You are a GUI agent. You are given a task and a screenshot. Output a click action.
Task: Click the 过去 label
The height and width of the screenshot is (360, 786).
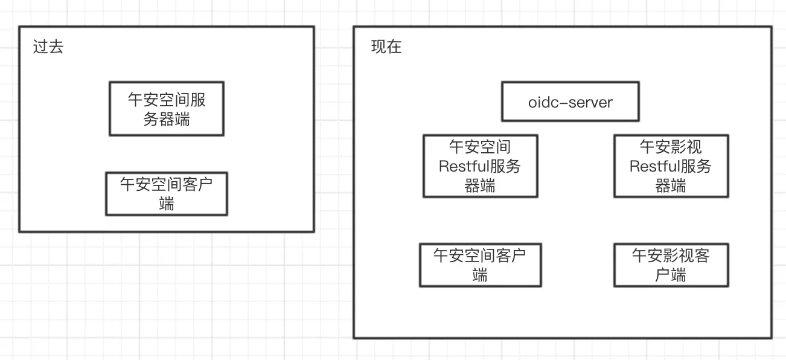coord(48,47)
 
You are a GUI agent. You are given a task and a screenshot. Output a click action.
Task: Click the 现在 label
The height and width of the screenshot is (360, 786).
coord(386,47)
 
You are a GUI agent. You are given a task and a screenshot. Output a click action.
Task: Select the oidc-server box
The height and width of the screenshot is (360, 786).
coord(570,102)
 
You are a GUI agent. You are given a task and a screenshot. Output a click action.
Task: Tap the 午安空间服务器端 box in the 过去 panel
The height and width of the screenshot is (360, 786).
coord(167,109)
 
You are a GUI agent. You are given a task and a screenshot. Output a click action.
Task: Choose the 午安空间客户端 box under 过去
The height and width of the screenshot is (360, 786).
coord(167,193)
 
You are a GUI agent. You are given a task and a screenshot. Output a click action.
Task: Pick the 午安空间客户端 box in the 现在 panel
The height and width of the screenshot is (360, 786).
coord(480,265)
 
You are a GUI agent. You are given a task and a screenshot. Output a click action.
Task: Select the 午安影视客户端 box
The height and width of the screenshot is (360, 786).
coord(671,265)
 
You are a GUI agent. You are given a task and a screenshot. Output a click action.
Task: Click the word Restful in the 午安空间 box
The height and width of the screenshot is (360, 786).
coord(459,166)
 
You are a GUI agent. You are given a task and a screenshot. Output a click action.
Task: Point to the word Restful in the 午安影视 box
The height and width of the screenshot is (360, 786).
coord(650,166)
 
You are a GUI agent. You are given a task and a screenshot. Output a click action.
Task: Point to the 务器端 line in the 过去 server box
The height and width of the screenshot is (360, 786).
coord(167,119)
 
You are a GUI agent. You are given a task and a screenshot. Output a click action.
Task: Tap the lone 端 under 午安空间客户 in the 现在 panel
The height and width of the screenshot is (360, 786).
coord(480,275)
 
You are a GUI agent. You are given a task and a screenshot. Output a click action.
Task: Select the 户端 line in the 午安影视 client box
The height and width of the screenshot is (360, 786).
coord(671,275)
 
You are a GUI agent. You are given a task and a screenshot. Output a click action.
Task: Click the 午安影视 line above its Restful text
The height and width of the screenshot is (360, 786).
coord(671,147)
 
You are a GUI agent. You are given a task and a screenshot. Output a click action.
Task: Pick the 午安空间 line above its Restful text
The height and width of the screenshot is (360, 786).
coord(480,147)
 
